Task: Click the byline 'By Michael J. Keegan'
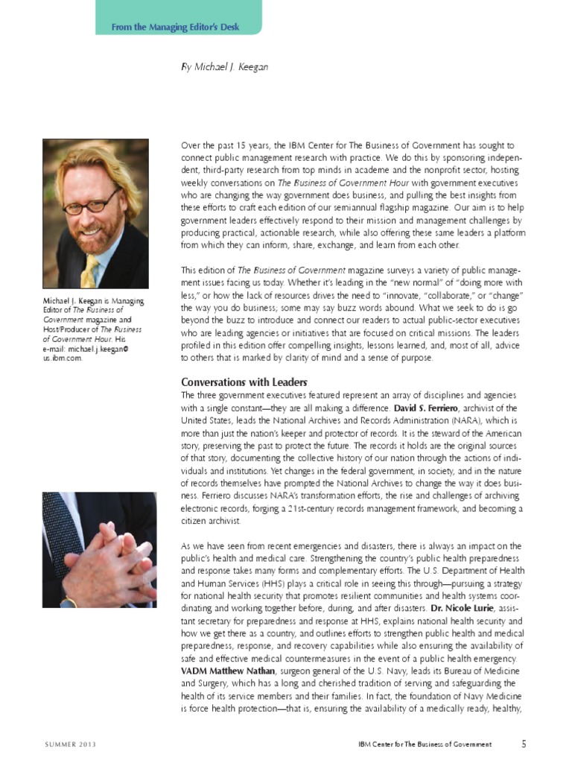(x=224, y=67)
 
